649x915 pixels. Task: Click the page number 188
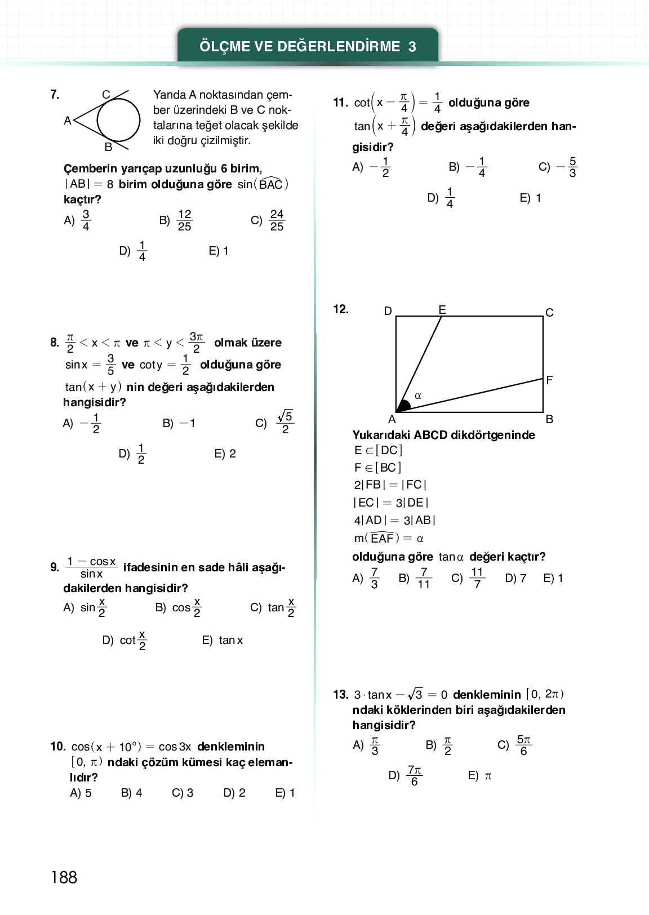coord(64,877)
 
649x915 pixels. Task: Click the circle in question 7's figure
coord(118,120)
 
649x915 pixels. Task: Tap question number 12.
coord(341,309)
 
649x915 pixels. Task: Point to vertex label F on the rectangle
coord(549,380)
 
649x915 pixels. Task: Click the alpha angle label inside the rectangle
coord(418,396)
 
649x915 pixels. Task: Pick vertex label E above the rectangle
coord(442,310)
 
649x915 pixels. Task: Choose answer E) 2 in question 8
coord(225,454)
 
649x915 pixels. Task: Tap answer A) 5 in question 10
coord(81,793)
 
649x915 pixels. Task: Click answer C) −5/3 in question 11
coord(558,167)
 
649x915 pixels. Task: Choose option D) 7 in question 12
coord(515,578)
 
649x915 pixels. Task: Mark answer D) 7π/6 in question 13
coord(406,775)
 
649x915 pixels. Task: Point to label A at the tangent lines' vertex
coord(68,120)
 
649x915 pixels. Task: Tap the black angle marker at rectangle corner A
coord(403,406)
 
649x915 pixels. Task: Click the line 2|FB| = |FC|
coord(390,485)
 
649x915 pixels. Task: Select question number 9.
coord(54,567)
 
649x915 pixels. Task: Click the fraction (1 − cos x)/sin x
coord(91,567)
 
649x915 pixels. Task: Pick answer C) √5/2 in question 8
coord(275,423)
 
